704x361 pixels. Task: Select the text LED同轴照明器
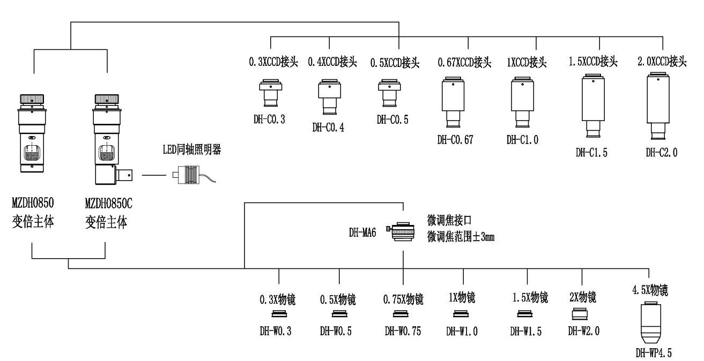pyautogui.click(x=192, y=151)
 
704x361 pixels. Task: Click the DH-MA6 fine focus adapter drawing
pyautogui.click(x=402, y=232)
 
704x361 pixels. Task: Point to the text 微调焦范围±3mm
pyautogui.click(x=461, y=236)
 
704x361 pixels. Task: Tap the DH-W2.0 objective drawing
pyautogui.click(x=581, y=314)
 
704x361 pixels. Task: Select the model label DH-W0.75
pyautogui.click(x=403, y=331)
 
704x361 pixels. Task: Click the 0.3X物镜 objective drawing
pyautogui.click(x=279, y=314)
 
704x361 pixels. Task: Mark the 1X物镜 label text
pyautogui.click(x=461, y=297)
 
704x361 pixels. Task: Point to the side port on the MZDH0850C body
pyautogui.click(x=124, y=174)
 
